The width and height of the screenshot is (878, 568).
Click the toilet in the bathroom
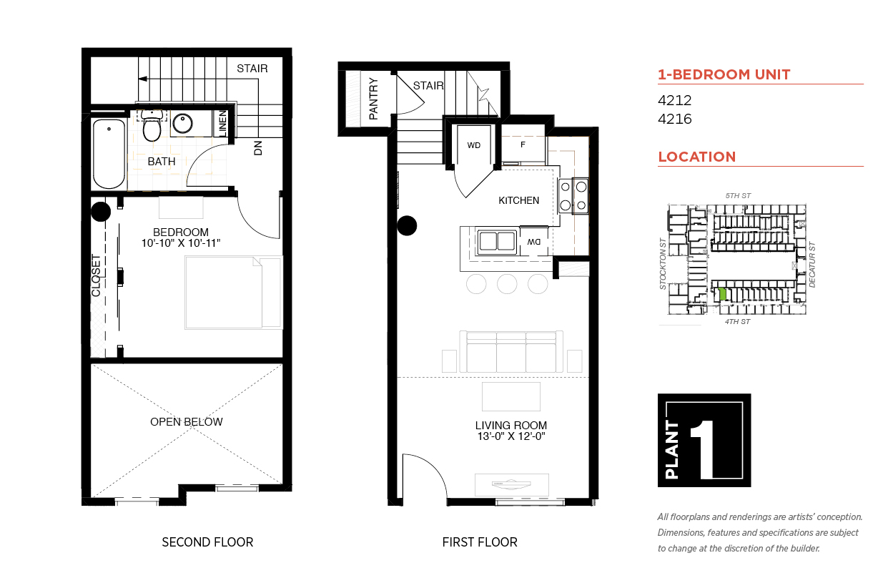pos(152,125)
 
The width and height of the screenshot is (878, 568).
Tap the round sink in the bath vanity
pos(182,124)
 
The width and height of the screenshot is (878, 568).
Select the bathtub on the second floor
pos(109,154)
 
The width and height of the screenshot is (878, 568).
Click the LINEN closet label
pos(222,124)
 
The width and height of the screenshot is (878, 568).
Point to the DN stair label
pos(257,148)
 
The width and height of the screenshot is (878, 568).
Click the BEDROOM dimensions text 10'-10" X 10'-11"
pos(181,243)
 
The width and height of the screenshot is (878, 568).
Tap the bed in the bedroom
pos(234,293)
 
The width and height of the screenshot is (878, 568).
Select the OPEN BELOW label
pos(186,421)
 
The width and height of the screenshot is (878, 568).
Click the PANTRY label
pos(373,99)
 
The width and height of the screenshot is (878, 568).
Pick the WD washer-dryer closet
pos(473,145)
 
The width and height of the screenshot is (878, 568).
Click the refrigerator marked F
pos(523,145)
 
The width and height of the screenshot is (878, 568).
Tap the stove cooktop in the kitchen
pos(573,196)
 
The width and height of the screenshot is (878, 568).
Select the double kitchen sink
pos(497,241)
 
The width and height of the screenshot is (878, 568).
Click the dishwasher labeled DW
pos(533,242)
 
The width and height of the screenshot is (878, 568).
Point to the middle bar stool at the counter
pos(507,283)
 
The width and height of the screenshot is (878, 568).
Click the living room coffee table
pos(511,396)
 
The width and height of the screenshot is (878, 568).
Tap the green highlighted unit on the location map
pos(722,294)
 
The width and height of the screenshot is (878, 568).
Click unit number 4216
pos(674,119)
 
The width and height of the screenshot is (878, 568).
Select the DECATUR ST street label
pos(812,265)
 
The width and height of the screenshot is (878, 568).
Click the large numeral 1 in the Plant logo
pos(704,449)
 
